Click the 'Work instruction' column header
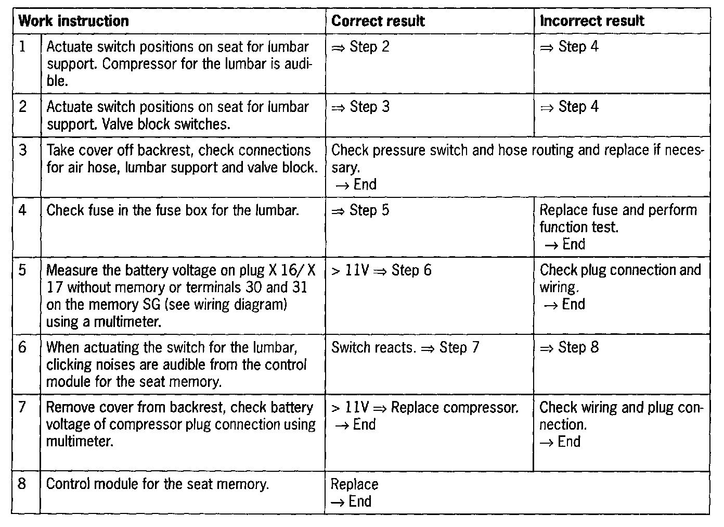tap(73, 21)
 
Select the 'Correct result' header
tap(378, 21)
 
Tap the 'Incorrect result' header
tap(592, 21)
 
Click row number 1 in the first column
tap(22, 47)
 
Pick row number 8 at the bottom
tap(22, 484)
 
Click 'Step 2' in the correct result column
tap(369, 47)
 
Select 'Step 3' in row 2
tap(369, 107)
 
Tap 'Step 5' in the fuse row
tap(369, 210)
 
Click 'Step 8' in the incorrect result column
tap(578, 347)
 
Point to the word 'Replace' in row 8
tap(354, 484)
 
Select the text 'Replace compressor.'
tap(455, 407)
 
